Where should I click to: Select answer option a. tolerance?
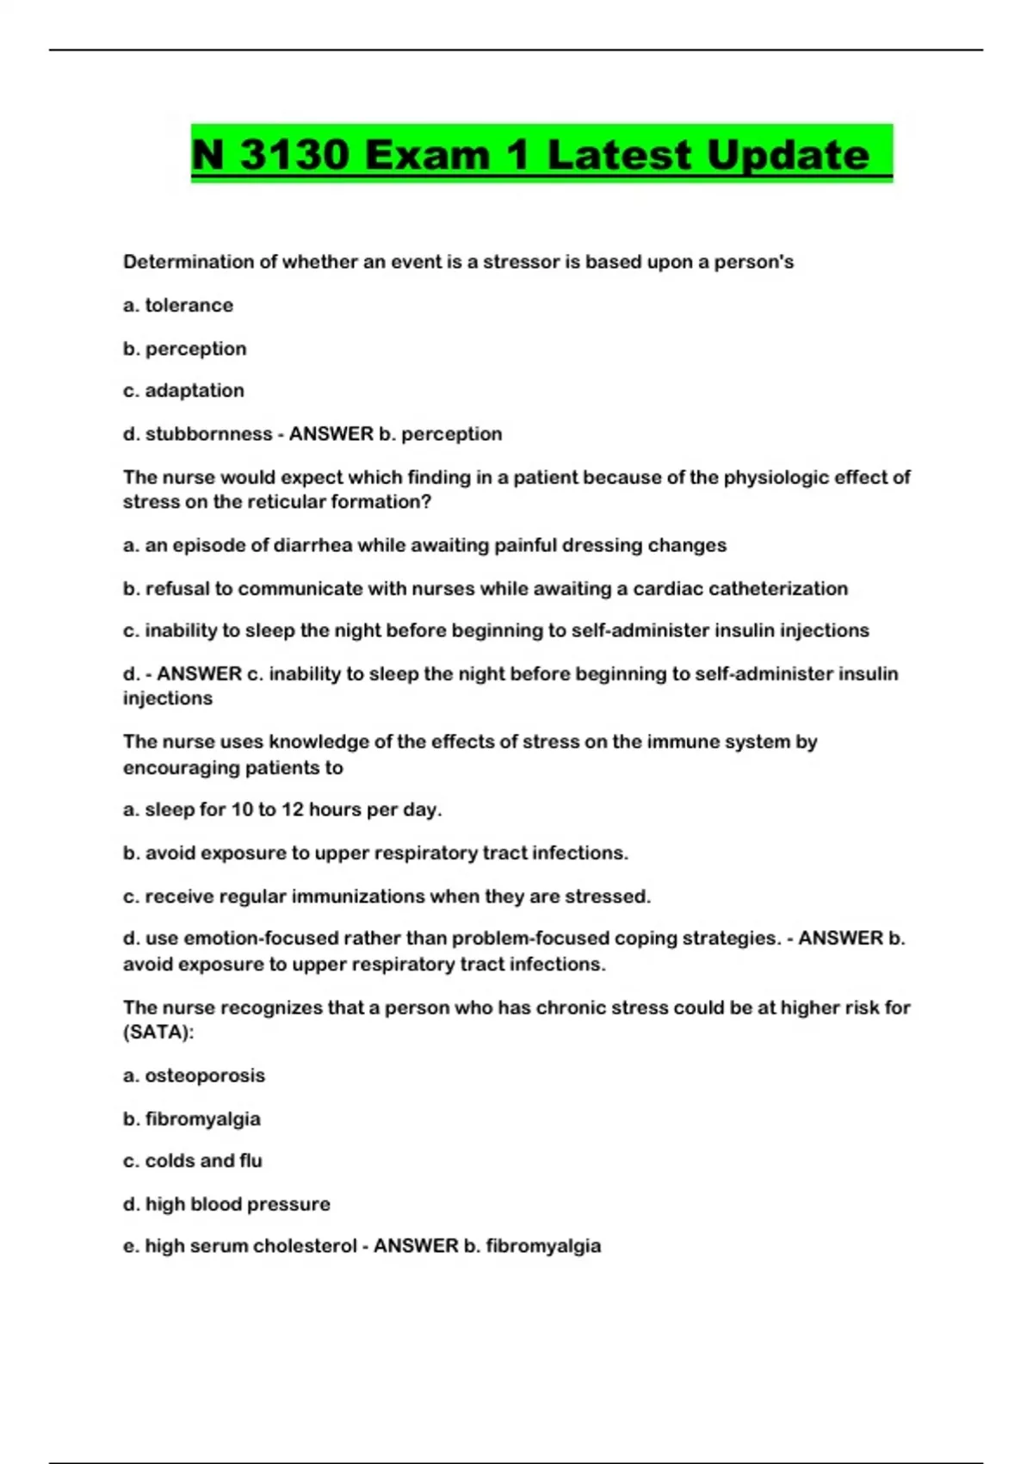(x=178, y=305)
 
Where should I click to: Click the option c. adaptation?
(x=183, y=390)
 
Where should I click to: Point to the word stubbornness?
(x=208, y=433)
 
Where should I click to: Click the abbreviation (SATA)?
(x=158, y=1032)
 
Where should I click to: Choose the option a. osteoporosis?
(x=194, y=1075)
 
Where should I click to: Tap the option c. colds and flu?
(x=193, y=1160)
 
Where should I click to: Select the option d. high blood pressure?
(x=226, y=1203)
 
